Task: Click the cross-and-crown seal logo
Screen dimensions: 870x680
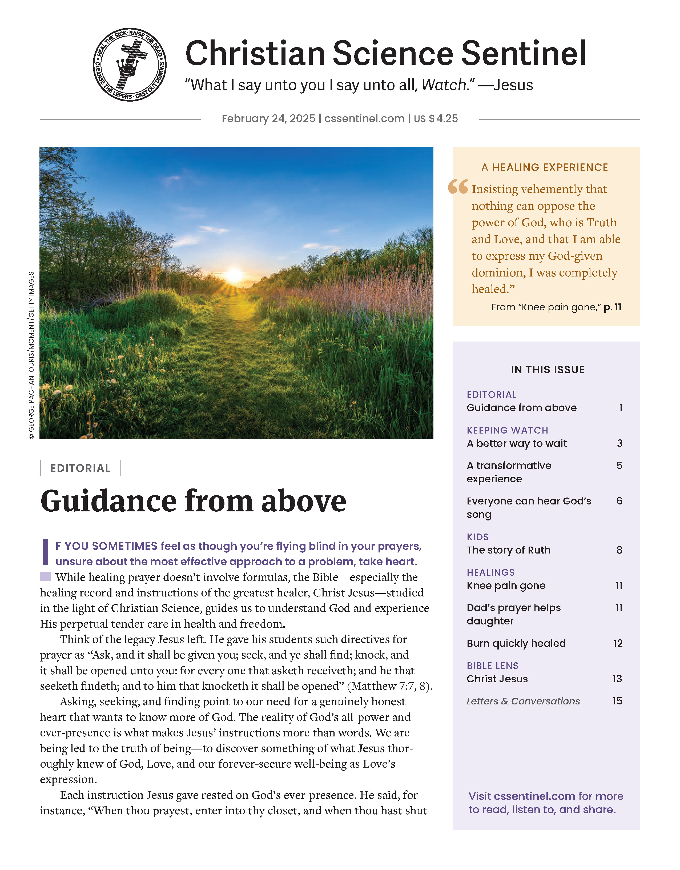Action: point(130,65)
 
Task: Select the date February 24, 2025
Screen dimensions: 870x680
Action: point(268,119)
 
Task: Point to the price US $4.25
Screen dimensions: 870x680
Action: point(436,119)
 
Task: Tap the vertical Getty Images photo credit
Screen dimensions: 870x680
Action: point(31,355)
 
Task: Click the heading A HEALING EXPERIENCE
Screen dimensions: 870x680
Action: point(545,167)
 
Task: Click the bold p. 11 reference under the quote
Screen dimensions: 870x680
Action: point(612,307)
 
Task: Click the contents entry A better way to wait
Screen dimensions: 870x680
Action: point(516,443)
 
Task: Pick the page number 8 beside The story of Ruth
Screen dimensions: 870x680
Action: point(619,550)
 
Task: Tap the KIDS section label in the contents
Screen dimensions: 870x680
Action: point(478,537)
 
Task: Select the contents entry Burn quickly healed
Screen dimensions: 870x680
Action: point(516,643)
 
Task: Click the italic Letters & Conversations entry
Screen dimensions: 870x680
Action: point(523,701)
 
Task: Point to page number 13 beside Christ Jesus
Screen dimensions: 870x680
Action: point(617,679)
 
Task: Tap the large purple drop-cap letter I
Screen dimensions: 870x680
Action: point(45,552)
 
